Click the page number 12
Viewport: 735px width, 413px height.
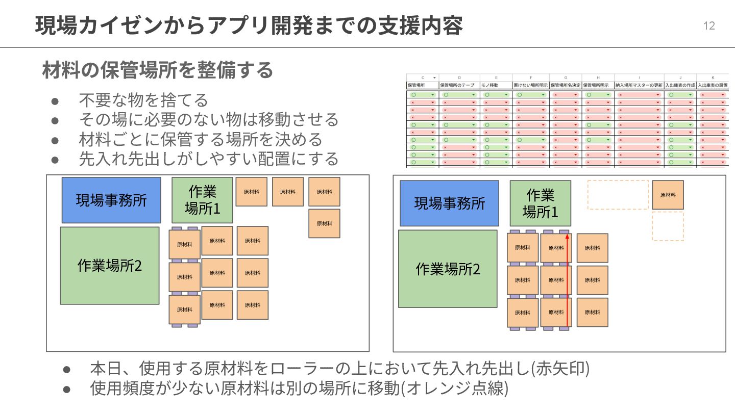[709, 26]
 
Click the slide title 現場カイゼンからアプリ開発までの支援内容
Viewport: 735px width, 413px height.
[249, 25]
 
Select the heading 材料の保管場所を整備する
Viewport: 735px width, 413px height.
[158, 70]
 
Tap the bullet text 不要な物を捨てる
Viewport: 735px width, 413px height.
[143, 100]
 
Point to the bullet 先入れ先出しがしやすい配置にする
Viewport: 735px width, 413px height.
[208, 159]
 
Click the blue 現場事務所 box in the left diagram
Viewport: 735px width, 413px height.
[111, 200]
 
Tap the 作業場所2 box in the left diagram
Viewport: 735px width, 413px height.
[110, 266]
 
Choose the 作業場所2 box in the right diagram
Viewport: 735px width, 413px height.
[448, 269]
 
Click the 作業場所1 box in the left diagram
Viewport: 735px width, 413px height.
[202, 200]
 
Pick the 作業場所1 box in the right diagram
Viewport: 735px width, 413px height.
[540, 203]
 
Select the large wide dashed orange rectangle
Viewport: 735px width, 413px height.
[618, 195]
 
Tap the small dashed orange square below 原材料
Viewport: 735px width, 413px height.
[668, 226]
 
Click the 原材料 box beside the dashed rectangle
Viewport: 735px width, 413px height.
[668, 195]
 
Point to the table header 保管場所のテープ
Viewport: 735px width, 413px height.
[457, 85]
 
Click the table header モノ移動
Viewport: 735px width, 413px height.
[489, 85]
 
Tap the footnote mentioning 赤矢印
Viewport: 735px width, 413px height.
[339, 368]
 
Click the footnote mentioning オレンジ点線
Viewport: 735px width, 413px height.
[299, 389]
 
